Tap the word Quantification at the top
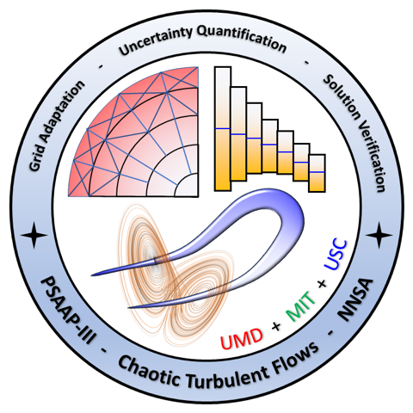[x=243, y=39]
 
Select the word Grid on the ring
[x=37, y=157]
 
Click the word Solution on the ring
[x=342, y=96]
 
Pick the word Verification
[x=373, y=157]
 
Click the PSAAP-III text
[x=68, y=311]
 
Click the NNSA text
[x=356, y=300]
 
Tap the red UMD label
[x=242, y=338]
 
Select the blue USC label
[x=336, y=256]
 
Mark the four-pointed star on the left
[x=34, y=235]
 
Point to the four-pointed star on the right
[x=379, y=235]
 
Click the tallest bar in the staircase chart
[x=223, y=129]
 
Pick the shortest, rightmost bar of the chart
[x=317, y=173]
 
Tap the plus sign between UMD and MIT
[x=276, y=326]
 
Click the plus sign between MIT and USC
[x=322, y=284]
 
